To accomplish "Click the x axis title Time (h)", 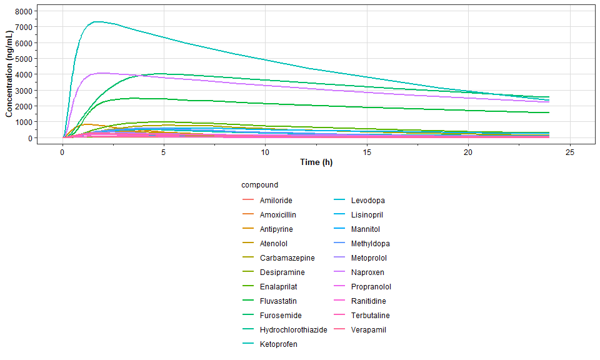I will [316, 162].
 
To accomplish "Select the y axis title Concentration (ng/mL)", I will [9, 75].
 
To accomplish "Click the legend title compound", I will [259, 185].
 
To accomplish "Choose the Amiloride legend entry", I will [276, 201].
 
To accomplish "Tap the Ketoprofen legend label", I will [279, 344].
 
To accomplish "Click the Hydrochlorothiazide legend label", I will [293, 330].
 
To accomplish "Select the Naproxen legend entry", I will [367, 272].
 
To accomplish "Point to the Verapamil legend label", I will [369, 330].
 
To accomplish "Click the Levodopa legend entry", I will [367, 201].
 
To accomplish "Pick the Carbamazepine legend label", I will [287, 258].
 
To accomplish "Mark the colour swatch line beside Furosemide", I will [247, 316].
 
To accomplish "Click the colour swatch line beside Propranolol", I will [339, 287].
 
